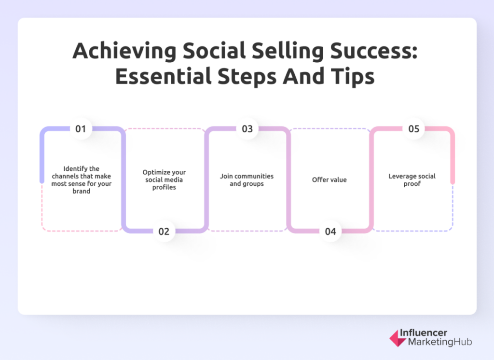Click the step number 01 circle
81,129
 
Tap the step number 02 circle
164,231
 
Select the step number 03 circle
247,129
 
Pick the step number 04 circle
330,231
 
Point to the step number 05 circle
413,129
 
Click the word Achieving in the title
124,51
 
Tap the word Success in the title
374,51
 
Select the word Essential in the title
163,76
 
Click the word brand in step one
81,191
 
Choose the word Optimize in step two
155,172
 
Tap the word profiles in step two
164,187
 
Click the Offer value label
329,180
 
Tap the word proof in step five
412,184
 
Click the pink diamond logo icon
398,338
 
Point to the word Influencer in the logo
424,332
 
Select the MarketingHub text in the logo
440,342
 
